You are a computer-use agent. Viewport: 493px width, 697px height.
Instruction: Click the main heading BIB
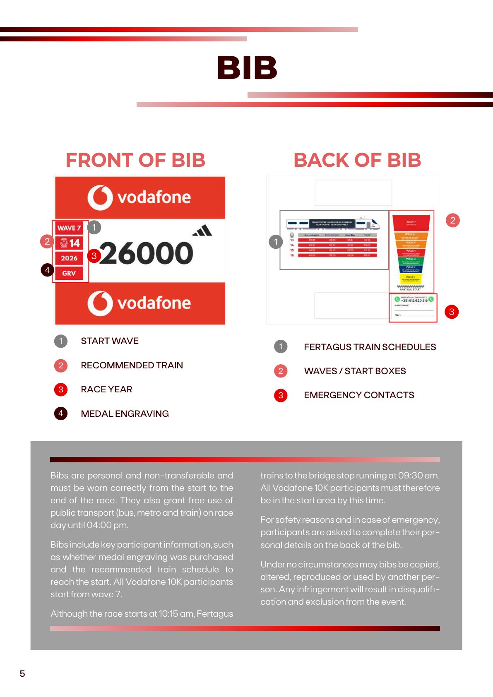pyautogui.click(x=247, y=68)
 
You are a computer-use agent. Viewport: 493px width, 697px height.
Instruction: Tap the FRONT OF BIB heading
pyautogui.click(x=135, y=160)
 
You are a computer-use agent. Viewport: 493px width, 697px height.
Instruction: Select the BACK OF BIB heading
pyautogui.click(x=357, y=160)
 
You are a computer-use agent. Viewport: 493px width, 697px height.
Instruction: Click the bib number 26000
pyautogui.click(x=146, y=253)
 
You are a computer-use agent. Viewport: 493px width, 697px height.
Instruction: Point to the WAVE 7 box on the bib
pyautogui.click(x=69, y=228)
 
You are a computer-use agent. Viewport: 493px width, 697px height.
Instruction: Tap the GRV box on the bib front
pyautogui.click(x=69, y=273)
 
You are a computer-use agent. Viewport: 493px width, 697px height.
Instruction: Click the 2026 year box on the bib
pyautogui.click(x=69, y=258)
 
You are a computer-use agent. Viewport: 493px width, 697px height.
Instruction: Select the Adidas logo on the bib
pyautogui.click(x=202, y=231)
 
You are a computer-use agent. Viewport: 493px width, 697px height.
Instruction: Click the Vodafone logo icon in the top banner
pyautogui.click(x=100, y=197)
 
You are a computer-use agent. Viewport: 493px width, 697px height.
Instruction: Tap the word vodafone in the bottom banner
pyautogui.click(x=154, y=303)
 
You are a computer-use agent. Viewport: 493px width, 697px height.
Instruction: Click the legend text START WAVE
pyautogui.click(x=110, y=341)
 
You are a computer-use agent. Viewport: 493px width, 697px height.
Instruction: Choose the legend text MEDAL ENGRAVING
pyautogui.click(x=125, y=413)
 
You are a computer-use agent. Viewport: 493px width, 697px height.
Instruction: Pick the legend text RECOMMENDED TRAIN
pyautogui.click(x=132, y=365)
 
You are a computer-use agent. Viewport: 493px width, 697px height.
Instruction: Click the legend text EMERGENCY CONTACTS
pyautogui.click(x=359, y=395)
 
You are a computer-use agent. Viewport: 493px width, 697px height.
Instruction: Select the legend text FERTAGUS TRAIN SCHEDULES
pyautogui.click(x=370, y=347)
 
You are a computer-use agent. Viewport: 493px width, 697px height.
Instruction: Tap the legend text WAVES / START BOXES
pyautogui.click(x=355, y=371)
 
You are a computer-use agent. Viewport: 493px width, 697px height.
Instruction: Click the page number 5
pyautogui.click(x=22, y=673)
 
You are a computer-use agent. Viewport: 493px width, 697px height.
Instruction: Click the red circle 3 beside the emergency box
pyautogui.click(x=452, y=312)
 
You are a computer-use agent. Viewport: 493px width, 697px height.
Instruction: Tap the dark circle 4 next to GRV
pyautogui.click(x=47, y=270)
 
